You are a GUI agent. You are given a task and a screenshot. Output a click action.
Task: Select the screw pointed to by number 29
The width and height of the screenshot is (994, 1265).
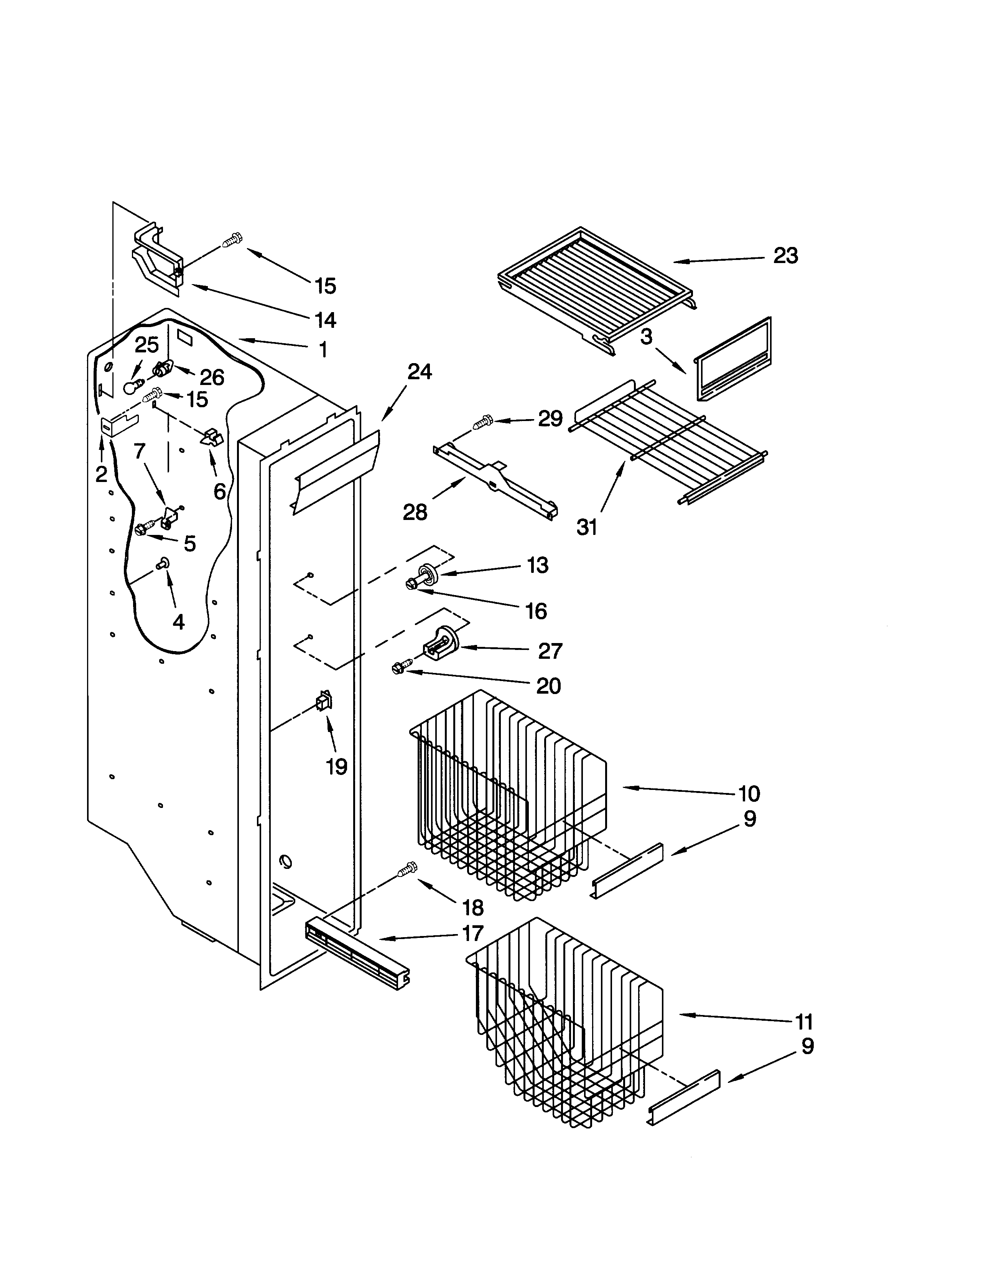tap(482, 422)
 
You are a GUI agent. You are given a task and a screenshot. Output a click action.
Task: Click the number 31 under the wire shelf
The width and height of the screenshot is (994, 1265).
tap(587, 527)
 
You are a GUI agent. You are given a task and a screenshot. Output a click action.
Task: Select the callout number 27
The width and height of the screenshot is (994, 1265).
tap(550, 651)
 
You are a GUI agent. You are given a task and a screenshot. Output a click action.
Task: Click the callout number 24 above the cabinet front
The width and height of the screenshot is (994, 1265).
tap(419, 371)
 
